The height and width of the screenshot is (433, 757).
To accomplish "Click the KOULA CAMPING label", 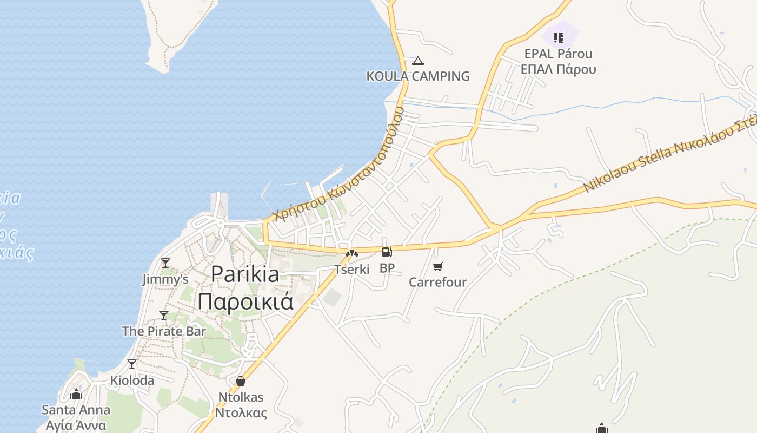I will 418,76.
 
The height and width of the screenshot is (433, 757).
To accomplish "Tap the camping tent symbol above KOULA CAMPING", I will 417,61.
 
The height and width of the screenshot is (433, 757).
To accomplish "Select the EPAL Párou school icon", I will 559,38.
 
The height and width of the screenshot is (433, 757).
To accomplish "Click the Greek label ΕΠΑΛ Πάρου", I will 559,69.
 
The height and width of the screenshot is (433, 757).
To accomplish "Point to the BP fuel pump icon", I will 387,252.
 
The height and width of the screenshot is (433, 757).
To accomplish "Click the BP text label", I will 387,268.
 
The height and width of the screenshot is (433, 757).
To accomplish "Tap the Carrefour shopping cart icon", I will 438,266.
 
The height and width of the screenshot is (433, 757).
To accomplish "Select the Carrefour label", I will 437,282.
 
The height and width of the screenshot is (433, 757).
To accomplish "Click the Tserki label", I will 352,269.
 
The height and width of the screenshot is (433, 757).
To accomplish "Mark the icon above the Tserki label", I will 352,253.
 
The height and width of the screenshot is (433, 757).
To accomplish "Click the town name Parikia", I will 245,274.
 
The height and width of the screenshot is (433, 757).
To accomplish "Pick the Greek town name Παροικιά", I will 245,301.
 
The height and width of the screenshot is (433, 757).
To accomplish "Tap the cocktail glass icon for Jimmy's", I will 165,263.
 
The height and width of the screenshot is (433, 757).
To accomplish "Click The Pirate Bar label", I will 164,331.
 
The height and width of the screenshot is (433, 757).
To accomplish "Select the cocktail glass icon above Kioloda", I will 132,364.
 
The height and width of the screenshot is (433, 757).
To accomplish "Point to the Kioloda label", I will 132,380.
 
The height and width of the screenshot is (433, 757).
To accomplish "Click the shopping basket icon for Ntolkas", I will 241,382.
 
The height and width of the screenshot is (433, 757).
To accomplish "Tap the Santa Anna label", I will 76,410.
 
